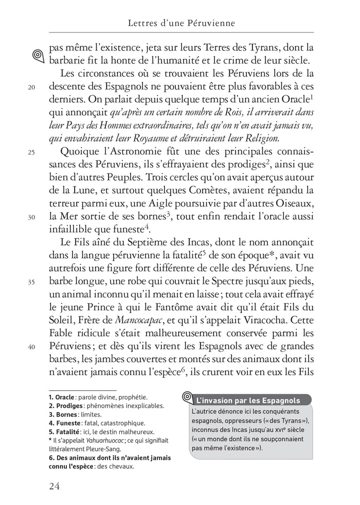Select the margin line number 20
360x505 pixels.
point(31,87)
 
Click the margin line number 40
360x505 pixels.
point(31,346)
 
